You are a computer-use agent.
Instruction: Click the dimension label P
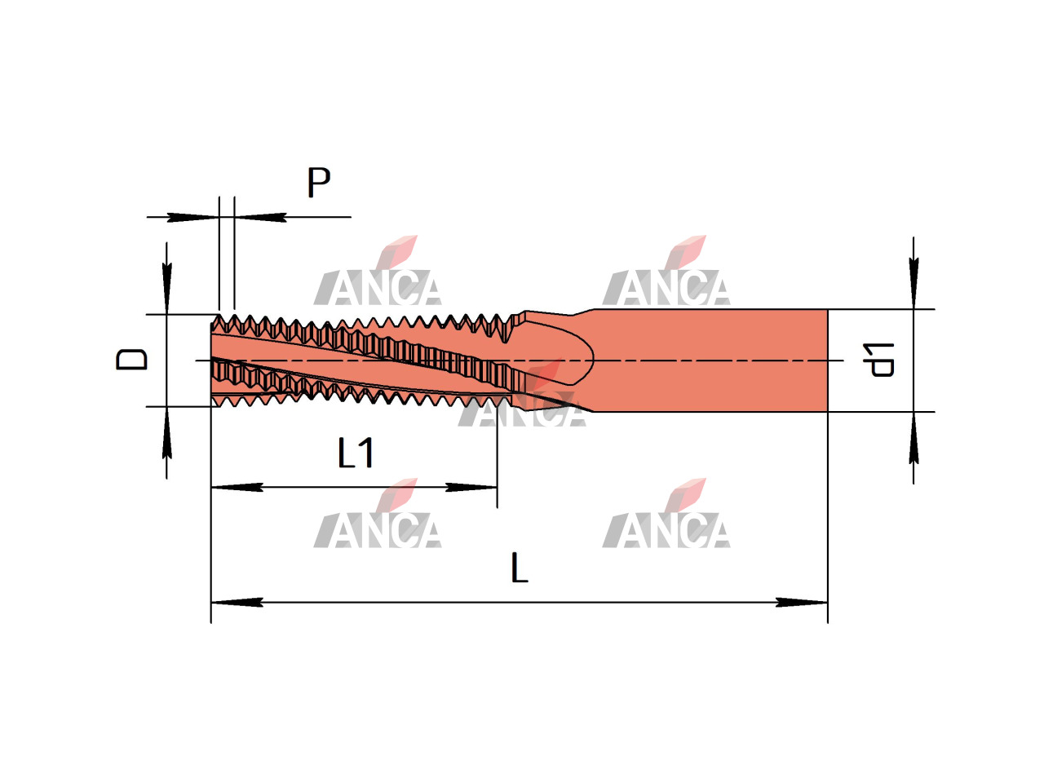(318, 182)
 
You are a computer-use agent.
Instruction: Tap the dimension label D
(132, 359)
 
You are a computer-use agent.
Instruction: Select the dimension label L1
(356, 453)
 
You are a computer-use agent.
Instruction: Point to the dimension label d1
(878, 360)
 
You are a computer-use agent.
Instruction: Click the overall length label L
(519, 568)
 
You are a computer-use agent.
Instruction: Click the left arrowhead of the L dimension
(237, 603)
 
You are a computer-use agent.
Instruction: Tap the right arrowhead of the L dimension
(802, 603)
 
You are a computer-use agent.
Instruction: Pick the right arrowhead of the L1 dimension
(471, 487)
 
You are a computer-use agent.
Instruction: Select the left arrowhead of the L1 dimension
(237, 487)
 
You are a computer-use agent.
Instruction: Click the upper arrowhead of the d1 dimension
(913, 283)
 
